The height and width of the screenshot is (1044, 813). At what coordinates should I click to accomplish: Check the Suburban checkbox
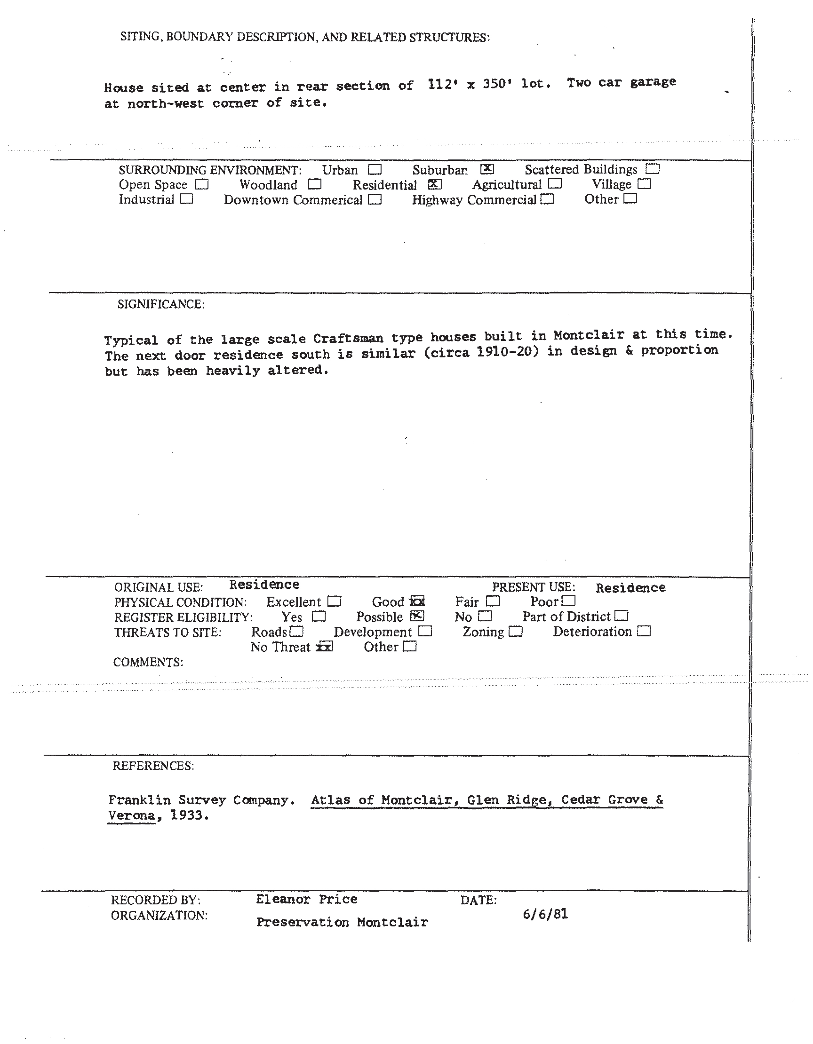[487, 169]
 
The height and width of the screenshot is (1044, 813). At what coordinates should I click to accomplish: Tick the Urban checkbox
[375, 170]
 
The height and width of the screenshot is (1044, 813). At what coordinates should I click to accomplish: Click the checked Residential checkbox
[435, 184]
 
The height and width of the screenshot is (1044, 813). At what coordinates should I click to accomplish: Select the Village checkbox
[644, 183]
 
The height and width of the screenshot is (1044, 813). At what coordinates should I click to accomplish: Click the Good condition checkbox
[417, 601]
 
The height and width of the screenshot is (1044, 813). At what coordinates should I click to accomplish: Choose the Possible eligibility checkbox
[417, 616]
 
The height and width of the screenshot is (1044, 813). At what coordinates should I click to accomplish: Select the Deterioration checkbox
[644, 631]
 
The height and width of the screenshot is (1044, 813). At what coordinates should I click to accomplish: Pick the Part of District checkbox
[621, 616]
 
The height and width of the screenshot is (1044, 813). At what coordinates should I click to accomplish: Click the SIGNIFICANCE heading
[161, 304]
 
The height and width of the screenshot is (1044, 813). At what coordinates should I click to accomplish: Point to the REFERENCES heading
[153, 766]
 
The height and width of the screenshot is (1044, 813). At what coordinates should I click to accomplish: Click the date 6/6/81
[545, 914]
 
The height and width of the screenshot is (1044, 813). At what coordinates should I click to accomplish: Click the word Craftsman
[348, 338]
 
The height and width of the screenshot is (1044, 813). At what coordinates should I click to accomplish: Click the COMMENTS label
[148, 662]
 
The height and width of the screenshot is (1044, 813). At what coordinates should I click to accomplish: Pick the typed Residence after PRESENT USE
[630, 588]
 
